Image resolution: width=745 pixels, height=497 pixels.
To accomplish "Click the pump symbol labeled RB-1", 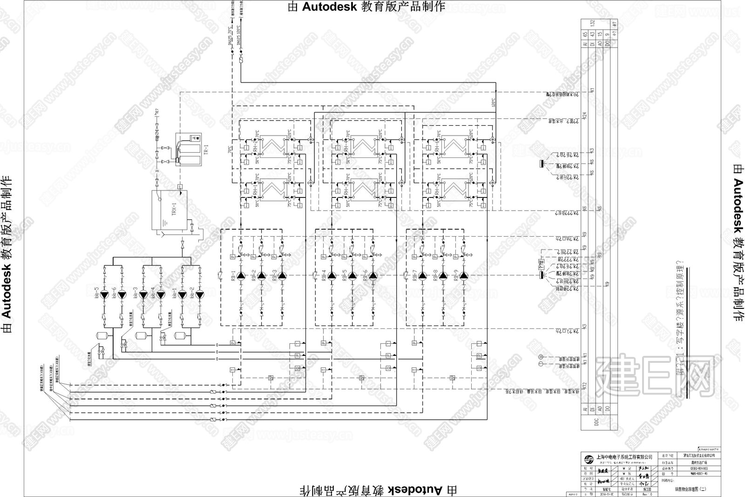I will [241, 275].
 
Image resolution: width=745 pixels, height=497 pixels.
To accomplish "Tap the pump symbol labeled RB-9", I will [464, 275].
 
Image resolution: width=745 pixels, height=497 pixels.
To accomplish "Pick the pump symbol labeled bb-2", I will [200, 295].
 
